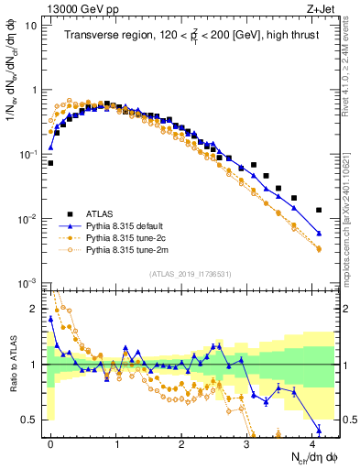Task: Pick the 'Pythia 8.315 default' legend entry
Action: (125, 223)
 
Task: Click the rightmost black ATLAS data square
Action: (319, 210)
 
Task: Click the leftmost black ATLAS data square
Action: (50, 163)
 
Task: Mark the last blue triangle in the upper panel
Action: (319, 234)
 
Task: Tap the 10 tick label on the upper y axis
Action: (31, 26)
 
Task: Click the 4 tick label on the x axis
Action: (312, 442)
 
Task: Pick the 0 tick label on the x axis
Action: (50, 442)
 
